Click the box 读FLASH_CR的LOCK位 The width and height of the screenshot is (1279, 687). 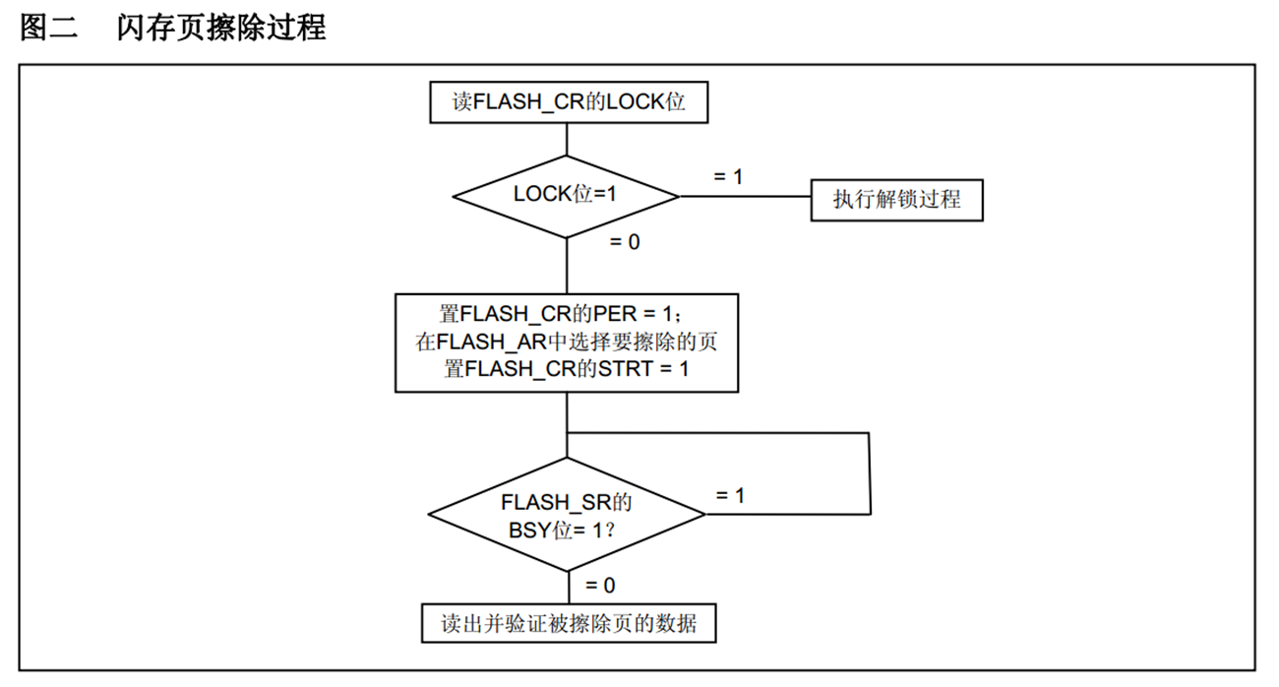(x=569, y=103)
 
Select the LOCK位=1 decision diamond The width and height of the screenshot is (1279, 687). (x=567, y=195)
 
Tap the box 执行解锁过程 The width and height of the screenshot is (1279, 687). (x=895, y=200)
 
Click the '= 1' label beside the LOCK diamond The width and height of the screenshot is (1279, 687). (x=727, y=176)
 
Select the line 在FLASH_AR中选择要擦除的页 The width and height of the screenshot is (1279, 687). (x=567, y=343)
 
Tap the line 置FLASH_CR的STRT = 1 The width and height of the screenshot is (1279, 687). (x=567, y=370)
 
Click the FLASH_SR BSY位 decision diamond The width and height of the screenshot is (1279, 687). (x=567, y=514)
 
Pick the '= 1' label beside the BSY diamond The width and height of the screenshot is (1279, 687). (x=729, y=495)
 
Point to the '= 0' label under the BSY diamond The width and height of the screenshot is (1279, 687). (x=599, y=586)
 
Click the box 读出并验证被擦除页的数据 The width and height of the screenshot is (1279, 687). (x=569, y=624)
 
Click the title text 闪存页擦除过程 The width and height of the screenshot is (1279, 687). (x=220, y=28)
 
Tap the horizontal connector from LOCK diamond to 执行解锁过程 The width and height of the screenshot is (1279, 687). (x=744, y=196)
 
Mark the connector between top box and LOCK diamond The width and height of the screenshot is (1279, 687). (x=568, y=139)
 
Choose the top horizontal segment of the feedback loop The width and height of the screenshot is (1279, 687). (x=718, y=433)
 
